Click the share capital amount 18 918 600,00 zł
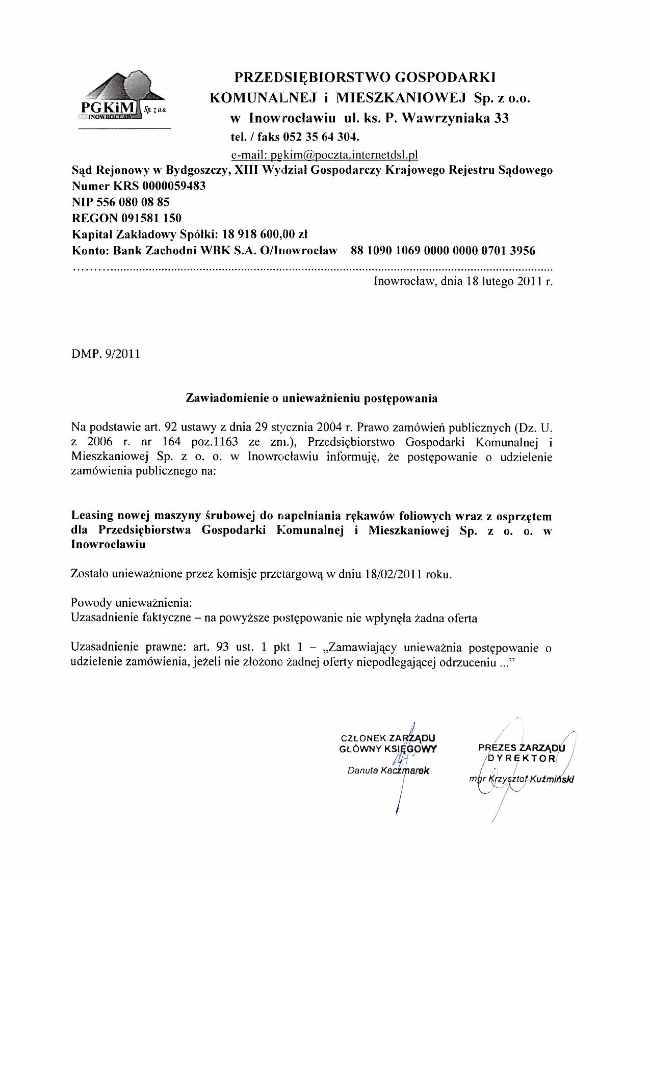click(x=266, y=234)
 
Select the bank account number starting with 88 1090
click(x=443, y=251)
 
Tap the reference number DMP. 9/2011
click(x=106, y=353)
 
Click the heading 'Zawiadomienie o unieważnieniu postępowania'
click(x=311, y=398)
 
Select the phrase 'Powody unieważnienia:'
click(x=132, y=603)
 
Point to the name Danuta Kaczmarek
click(x=388, y=770)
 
